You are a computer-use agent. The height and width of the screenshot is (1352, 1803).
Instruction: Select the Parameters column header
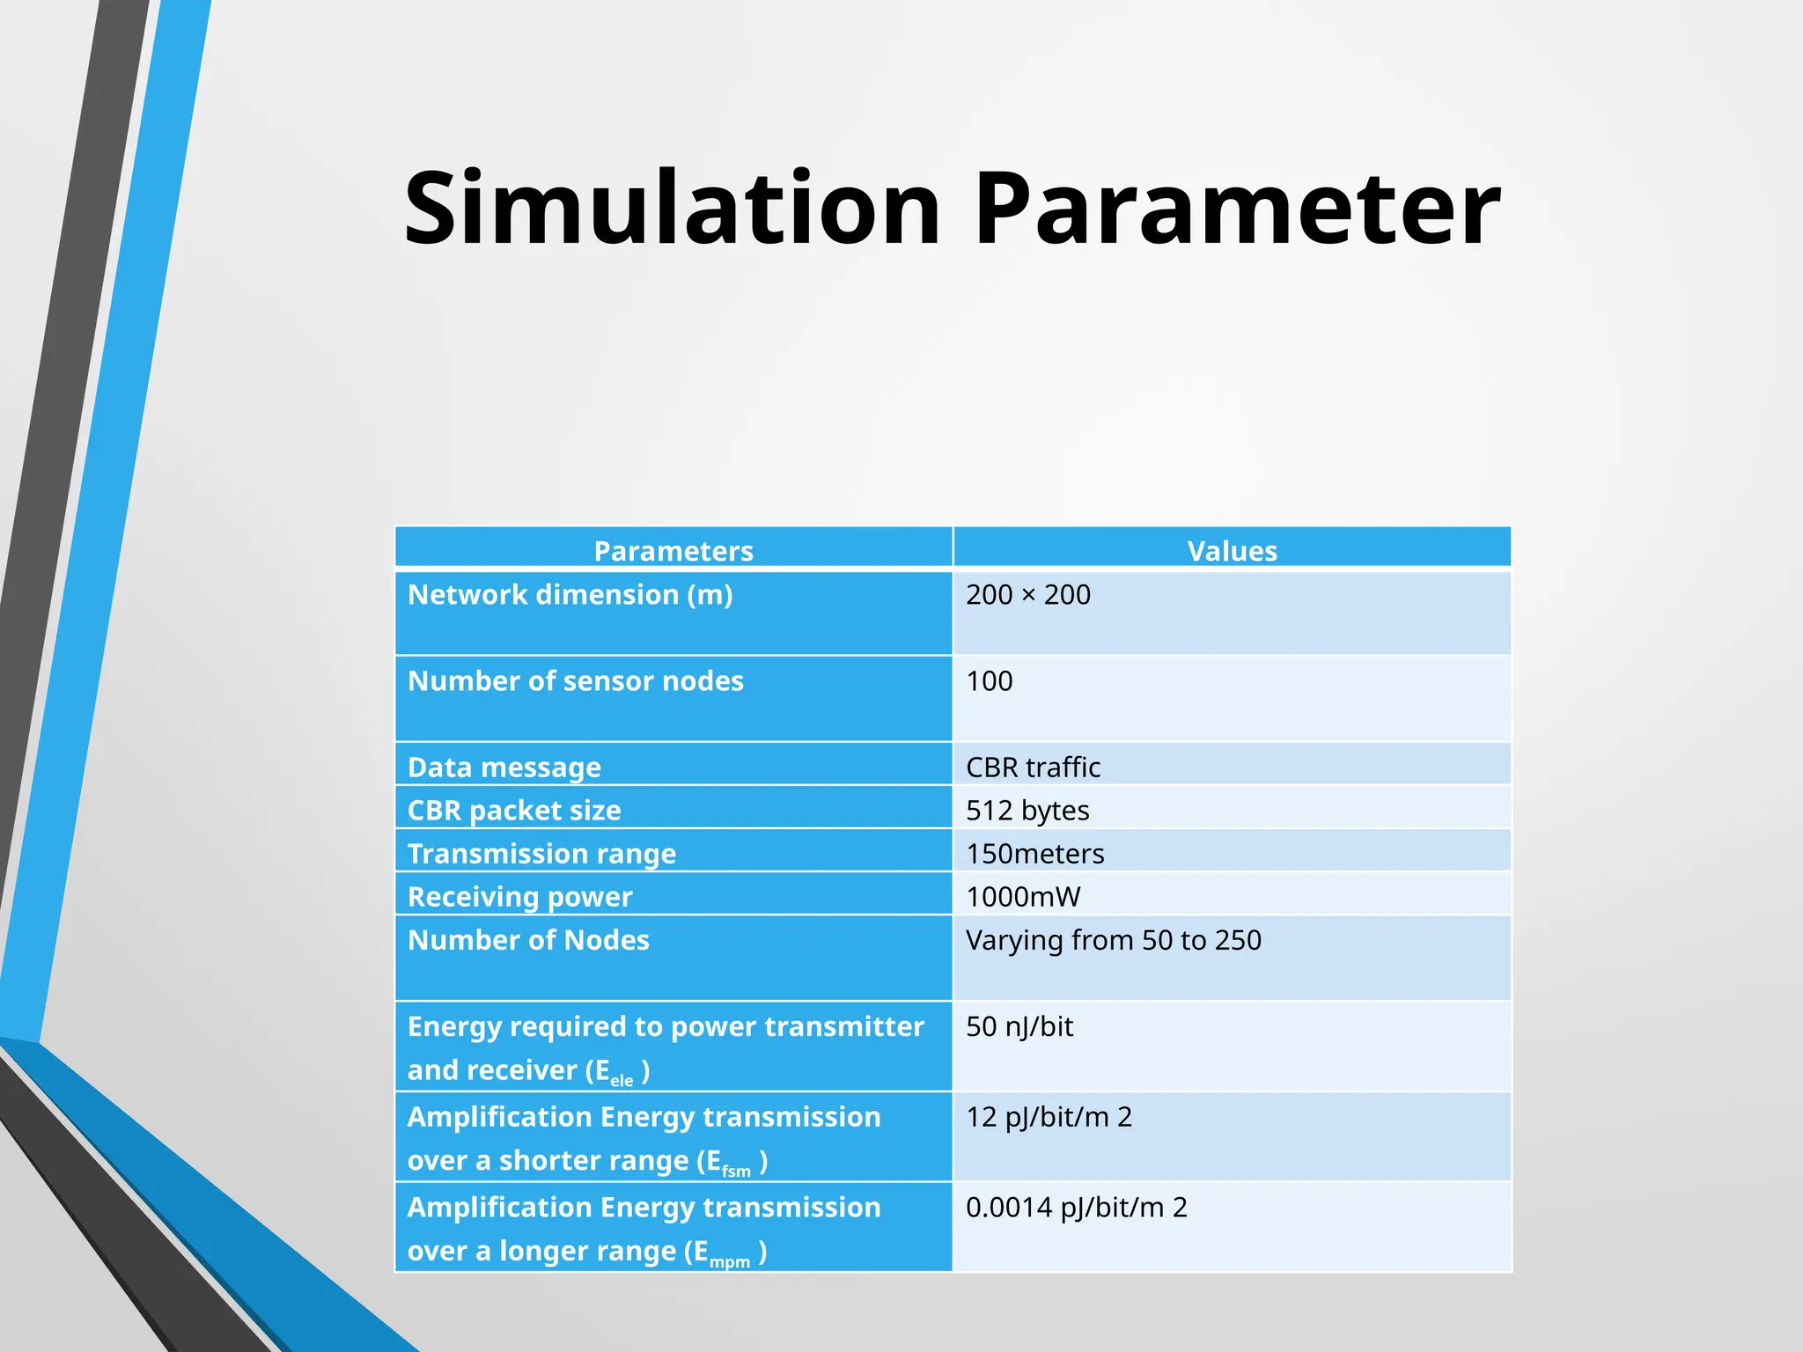click(673, 551)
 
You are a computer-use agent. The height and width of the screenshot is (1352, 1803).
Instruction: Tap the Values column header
click(1232, 551)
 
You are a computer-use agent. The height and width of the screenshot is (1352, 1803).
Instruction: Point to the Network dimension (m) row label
click(570, 595)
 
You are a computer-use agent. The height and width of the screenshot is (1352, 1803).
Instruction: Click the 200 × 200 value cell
click(1028, 595)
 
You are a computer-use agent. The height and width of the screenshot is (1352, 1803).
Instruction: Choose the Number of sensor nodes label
click(575, 681)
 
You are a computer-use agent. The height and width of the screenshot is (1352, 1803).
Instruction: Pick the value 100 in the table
click(990, 681)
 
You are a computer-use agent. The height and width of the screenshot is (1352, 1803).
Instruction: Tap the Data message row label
click(504, 768)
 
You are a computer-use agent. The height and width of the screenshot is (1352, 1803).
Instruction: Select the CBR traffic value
click(1033, 768)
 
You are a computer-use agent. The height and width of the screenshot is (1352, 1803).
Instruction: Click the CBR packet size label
click(514, 811)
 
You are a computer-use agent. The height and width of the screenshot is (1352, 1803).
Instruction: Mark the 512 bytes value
click(1027, 811)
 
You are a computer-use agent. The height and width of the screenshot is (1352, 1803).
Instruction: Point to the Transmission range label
click(541, 854)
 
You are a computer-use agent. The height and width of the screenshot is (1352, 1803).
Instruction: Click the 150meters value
click(1034, 854)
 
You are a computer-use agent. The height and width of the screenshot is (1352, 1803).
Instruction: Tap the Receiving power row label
click(519, 897)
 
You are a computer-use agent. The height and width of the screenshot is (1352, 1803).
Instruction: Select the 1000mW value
click(1023, 897)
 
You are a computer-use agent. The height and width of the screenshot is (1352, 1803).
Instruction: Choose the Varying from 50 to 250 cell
click(1114, 940)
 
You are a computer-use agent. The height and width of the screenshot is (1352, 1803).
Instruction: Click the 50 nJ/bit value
click(1019, 1026)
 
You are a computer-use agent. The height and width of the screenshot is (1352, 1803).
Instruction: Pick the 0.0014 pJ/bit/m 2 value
click(1076, 1207)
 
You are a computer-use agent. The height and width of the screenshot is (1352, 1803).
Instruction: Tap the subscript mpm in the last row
click(729, 1262)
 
